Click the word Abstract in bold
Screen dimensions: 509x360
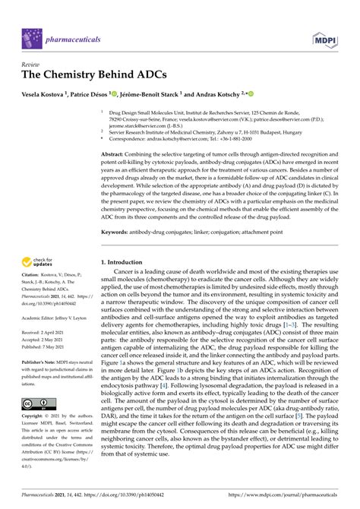tap(117, 132)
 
